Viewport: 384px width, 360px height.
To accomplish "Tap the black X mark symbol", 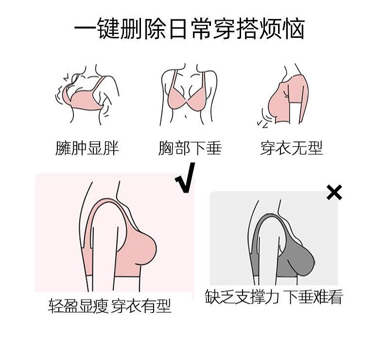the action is [x=334, y=192].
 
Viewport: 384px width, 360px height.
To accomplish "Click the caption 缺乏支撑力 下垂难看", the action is [x=274, y=296].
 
